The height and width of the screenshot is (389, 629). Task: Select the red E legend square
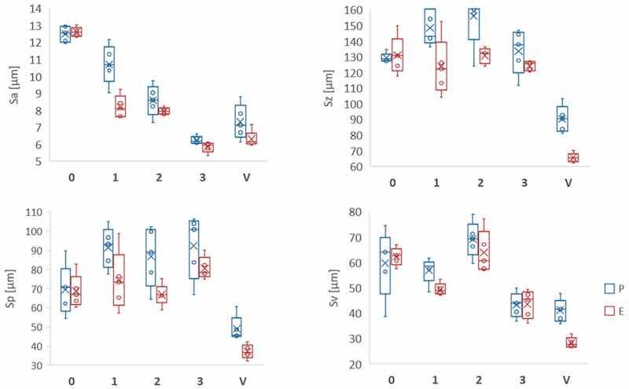[x=598, y=312]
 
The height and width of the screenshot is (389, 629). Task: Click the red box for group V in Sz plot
[x=572, y=158]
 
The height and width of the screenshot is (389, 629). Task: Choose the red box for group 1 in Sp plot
[x=120, y=280]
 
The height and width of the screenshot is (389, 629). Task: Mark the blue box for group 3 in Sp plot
[x=193, y=250]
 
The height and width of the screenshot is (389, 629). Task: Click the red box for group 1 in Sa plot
[x=120, y=106]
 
